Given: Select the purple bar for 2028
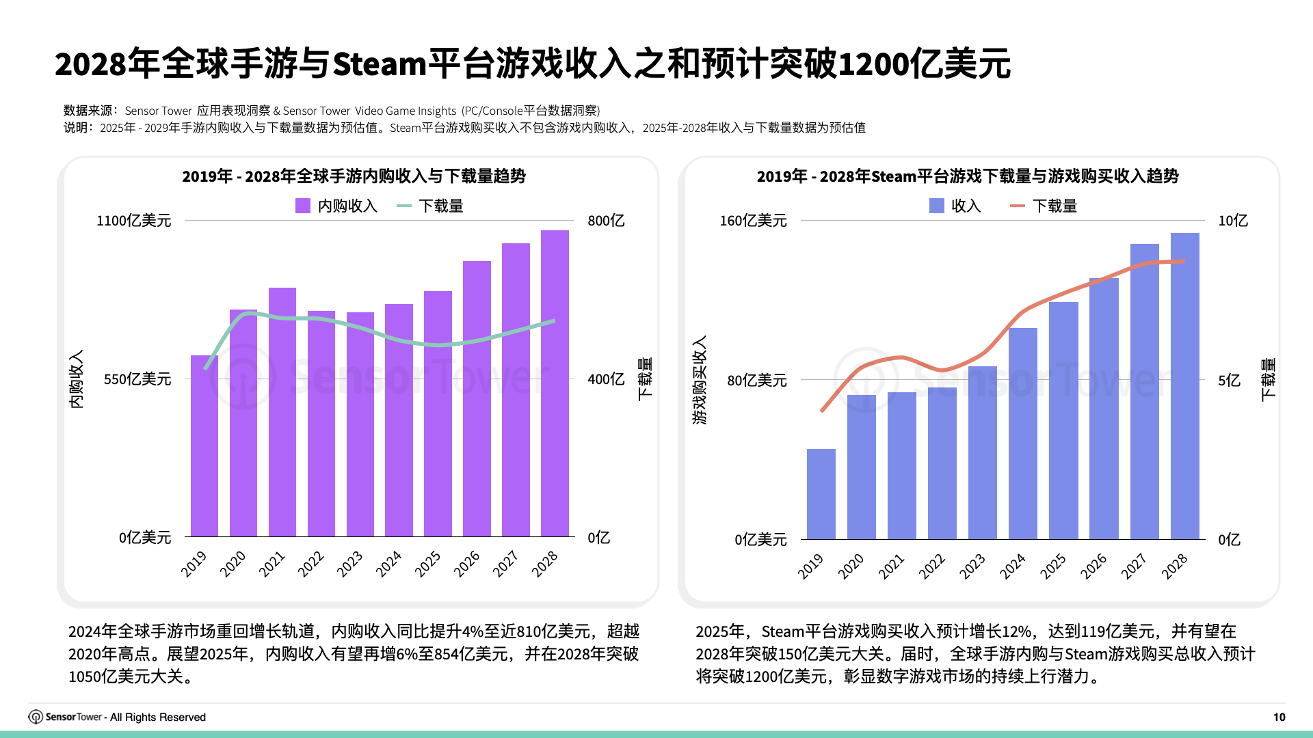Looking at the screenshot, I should click(555, 383).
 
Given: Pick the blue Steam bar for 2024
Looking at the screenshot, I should click(1022, 433).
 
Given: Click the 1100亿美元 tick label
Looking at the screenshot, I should click(133, 221).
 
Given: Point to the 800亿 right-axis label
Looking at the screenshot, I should click(606, 221).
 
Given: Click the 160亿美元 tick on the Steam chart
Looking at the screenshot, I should click(753, 221).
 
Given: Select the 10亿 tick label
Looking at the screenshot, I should click(1232, 221).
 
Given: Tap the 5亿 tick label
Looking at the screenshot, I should click(1229, 381).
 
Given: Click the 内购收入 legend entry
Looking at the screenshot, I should click(336, 206).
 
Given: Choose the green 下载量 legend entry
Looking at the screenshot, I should click(430, 206).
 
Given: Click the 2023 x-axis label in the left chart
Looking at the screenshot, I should click(349, 564).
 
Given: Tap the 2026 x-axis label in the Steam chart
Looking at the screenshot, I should click(1093, 566).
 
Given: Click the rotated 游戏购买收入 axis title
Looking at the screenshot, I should click(700, 380).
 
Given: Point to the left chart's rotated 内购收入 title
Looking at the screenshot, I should click(77, 380).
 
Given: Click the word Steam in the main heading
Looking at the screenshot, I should click(380, 64).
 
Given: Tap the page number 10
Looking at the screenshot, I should click(1279, 717).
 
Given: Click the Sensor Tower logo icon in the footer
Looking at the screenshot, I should click(36, 717).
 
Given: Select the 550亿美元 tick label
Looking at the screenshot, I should click(137, 379).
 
